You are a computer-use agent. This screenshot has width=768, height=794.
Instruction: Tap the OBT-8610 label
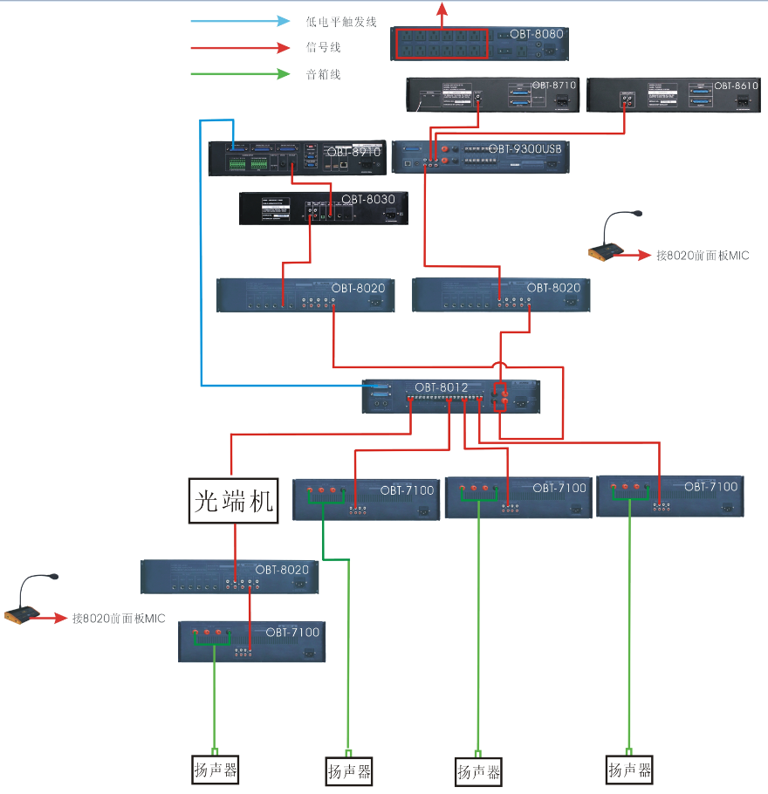(736, 86)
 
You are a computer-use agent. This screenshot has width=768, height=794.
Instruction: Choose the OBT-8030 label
(368, 199)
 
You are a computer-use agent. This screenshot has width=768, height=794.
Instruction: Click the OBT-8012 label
(442, 387)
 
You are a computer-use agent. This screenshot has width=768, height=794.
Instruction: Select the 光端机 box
(233, 501)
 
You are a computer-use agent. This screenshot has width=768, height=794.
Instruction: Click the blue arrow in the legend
(240, 21)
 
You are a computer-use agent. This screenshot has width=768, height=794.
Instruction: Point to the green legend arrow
(240, 74)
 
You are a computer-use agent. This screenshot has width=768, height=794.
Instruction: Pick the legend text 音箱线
(323, 74)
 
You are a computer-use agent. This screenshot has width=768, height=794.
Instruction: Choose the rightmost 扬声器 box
(629, 770)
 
